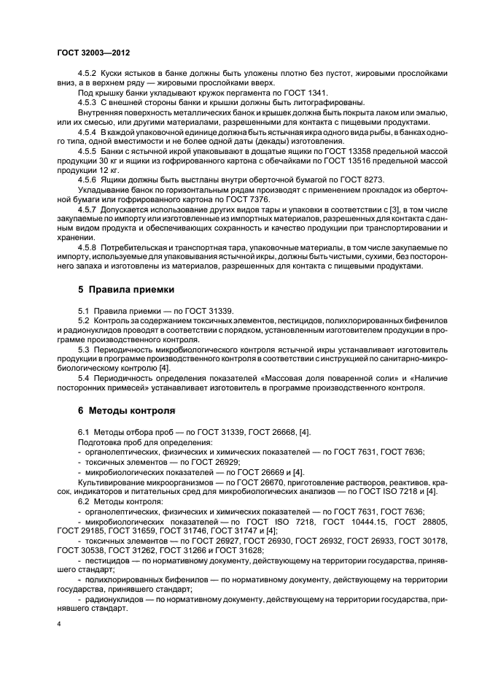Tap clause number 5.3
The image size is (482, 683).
[x=83, y=349]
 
